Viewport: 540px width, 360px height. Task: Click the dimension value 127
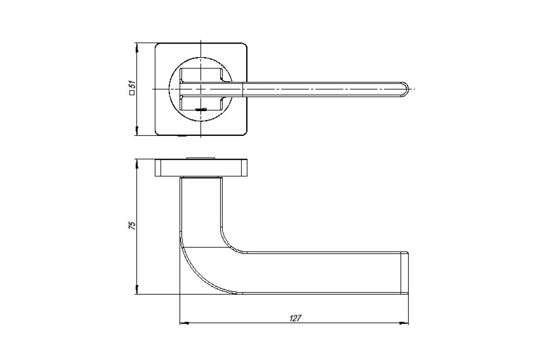(295, 318)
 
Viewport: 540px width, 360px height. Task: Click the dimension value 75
(132, 225)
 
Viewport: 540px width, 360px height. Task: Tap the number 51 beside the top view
(132, 85)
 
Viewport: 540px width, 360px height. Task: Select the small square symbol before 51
(132, 93)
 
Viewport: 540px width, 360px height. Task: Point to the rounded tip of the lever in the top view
(405, 89)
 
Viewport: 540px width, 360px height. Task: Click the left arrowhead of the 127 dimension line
(184, 323)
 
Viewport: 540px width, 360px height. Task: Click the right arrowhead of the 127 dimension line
(404, 323)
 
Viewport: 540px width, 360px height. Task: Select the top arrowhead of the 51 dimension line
(137, 48)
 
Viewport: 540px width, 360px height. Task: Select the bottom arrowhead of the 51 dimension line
(137, 130)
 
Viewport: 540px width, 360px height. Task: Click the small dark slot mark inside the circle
(201, 110)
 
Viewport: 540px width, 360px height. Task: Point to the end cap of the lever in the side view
(405, 273)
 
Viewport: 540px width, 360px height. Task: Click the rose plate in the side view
(201, 167)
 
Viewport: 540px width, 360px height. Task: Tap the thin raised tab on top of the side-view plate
(201, 158)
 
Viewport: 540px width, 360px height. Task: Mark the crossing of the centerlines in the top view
(201, 89)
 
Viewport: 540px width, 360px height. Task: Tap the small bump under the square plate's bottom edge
(182, 136)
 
